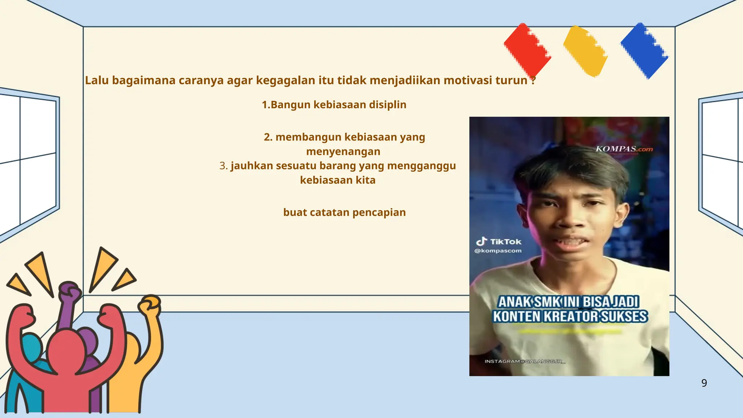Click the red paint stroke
click(x=527, y=50)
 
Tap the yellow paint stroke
click(x=585, y=51)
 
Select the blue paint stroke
click(x=644, y=51)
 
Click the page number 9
click(x=704, y=383)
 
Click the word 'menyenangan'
click(x=343, y=152)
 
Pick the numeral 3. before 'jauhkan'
click(x=223, y=166)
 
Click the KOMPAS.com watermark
click(x=624, y=149)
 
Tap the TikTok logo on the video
click(x=498, y=242)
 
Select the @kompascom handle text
click(x=498, y=251)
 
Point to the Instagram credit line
click(x=525, y=361)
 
